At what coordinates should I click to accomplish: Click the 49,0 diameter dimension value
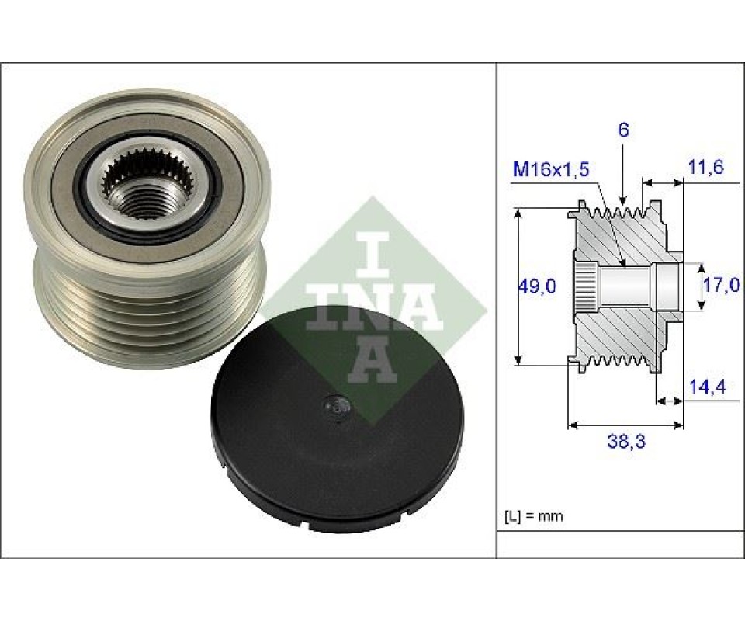click(x=536, y=286)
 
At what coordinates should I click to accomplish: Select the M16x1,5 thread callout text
click(x=551, y=169)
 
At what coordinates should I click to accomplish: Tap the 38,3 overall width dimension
click(x=627, y=442)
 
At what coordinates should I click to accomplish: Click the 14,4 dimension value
click(x=708, y=387)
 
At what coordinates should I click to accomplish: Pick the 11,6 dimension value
click(x=705, y=167)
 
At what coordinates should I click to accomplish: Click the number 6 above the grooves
click(x=623, y=130)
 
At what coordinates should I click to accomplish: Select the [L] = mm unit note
click(x=534, y=516)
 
